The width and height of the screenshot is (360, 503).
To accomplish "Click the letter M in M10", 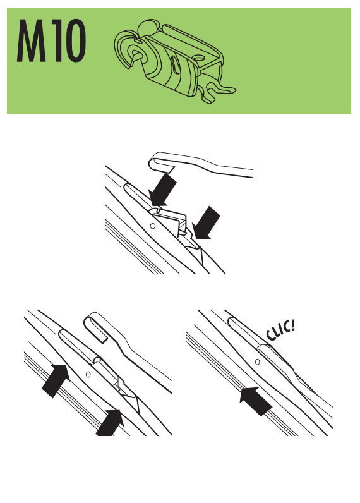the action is (x=31, y=40).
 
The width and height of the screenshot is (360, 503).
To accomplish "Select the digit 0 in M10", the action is (x=75, y=40).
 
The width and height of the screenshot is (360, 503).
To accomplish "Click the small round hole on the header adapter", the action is (x=200, y=58).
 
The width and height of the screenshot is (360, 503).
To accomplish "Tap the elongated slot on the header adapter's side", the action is (x=175, y=65).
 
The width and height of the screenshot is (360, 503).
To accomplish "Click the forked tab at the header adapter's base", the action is (x=217, y=90).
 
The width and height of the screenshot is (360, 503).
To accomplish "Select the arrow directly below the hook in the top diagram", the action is (x=162, y=190).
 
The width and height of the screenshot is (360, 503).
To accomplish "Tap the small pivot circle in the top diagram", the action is (x=153, y=226).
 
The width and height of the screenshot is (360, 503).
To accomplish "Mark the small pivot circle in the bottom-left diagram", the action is (x=88, y=374).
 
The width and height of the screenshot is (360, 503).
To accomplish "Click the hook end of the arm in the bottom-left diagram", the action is (x=95, y=327).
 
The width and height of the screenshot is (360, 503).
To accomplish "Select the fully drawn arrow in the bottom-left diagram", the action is (x=56, y=381).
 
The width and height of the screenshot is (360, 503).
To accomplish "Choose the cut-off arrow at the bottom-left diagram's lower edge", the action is (x=110, y=423).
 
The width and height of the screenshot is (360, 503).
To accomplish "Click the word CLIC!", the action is (x=280, y=330).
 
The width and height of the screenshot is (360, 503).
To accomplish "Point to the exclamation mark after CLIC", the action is (x=291, y=325).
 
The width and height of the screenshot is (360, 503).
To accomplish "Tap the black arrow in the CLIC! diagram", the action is (x=256, y=401).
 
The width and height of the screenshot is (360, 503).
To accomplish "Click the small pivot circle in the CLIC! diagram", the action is (x=257, y=362).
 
